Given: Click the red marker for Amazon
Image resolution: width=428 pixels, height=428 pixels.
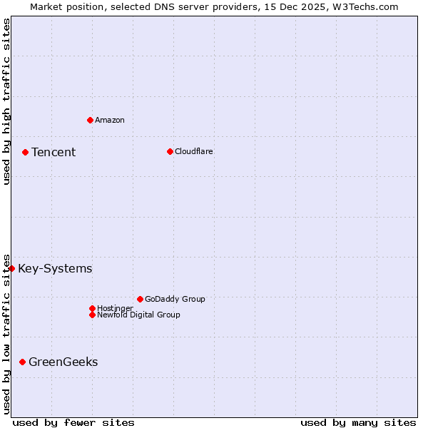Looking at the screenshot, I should [90, 120].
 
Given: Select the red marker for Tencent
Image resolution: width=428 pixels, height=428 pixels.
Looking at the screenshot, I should [25, 152].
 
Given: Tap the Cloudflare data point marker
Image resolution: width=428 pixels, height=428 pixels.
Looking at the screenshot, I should [170, 151].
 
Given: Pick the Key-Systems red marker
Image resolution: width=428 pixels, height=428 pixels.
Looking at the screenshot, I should [12, 268].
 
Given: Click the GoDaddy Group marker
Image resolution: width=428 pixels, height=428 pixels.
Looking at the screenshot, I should [140, 299].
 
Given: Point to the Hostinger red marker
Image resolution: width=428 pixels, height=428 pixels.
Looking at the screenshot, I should [92, 308].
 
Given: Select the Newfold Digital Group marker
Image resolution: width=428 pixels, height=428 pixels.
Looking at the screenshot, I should [92, 315].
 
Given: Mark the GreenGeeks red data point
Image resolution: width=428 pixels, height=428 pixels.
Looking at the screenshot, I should [22, 362].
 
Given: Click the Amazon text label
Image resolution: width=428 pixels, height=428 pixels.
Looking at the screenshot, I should [110, 120].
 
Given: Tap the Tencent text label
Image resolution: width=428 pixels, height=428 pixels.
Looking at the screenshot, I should [53, 152].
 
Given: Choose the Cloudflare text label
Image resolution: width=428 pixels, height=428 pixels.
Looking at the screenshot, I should [194, 151].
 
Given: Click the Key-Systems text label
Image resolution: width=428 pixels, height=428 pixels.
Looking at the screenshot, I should [55, 268].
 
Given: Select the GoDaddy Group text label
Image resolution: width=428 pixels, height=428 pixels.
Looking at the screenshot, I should [175, 299].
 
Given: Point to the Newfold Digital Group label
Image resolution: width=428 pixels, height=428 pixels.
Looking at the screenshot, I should [139, 315].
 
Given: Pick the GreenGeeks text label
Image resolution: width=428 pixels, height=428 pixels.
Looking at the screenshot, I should [63, 362].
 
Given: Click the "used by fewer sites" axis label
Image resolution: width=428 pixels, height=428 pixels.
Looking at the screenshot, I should [73, 422].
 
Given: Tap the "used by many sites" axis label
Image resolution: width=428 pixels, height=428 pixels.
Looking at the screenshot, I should [358, 422].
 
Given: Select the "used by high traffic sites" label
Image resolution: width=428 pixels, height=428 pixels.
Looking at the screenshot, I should [6, 102].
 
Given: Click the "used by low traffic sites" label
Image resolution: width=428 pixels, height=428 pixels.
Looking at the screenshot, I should [6, 333].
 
